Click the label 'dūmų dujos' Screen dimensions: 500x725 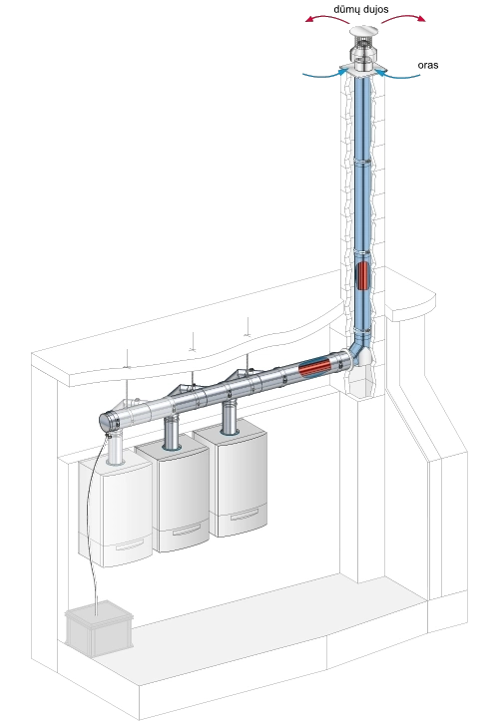tap(360, 9)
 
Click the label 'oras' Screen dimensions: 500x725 tap(428, 65)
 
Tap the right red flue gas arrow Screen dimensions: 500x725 tap(403, 18)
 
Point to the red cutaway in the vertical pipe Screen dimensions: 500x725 tap(363, 275)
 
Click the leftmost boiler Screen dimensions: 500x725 tap(115, 513)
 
